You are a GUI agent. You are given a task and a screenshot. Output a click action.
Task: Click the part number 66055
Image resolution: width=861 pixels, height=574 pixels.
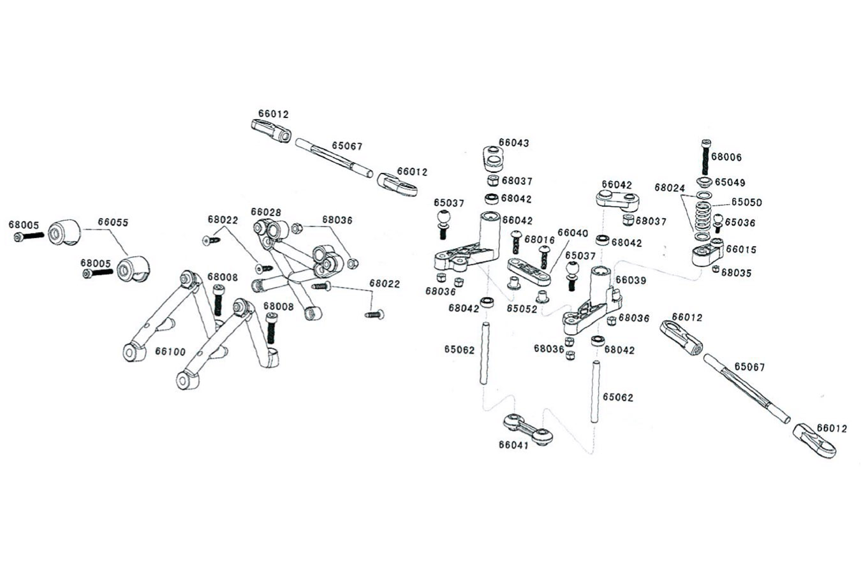pos(113,223)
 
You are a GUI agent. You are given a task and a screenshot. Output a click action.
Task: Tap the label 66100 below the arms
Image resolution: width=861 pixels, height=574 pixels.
pos(170,351)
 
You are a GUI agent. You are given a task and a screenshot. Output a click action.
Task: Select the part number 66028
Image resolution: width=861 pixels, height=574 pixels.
pos(266,212)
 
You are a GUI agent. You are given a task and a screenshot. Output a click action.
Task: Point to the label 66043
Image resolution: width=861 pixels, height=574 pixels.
pos(514,143)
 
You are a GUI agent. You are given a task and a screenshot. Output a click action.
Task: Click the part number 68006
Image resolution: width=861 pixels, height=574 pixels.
pos(726,157)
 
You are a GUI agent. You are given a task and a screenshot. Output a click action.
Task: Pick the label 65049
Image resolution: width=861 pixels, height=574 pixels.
pos(730,182)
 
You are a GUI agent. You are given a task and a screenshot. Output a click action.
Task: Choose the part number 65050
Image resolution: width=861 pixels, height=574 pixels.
pos(746,202)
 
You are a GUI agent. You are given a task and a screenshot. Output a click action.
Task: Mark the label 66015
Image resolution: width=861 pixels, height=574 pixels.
pos(741,249)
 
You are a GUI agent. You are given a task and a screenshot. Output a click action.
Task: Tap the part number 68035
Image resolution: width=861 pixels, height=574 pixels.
pos(736,273)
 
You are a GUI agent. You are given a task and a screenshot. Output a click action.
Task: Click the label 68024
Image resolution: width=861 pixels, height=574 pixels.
pos(670,188)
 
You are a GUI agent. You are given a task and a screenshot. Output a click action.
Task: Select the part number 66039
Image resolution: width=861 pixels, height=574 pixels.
pos(631,280)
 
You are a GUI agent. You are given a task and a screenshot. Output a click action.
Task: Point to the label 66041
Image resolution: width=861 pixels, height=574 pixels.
pos(514,445)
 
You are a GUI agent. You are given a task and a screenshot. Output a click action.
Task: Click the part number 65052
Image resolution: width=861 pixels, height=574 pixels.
pos(522,308)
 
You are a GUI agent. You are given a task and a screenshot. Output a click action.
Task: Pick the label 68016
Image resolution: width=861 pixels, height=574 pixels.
pos(540,240)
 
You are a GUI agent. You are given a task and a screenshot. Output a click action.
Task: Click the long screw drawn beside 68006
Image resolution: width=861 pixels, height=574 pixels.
pos(705,157)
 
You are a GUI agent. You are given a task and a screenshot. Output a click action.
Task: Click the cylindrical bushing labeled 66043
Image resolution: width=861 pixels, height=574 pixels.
pos(491,156)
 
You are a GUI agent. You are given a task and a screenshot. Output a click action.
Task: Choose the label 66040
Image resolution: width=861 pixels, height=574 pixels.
pos(573,233)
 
